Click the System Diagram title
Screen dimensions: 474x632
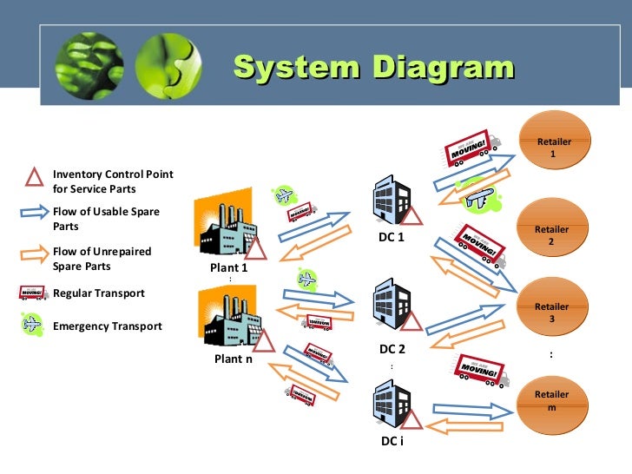click(x=373, y=68)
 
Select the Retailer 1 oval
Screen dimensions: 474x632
click(x=553, y=147)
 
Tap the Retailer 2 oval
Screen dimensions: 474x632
click(x=551, y=235)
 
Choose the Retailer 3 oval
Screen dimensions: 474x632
click(x=551, y=313)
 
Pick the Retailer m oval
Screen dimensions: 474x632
click(x=551, y=400)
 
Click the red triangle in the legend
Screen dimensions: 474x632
click(x=34, y=178)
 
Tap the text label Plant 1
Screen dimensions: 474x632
click(x=229, y=268)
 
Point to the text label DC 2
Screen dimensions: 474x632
click(x=392, y=349)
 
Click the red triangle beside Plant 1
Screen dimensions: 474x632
click(x=256, y=250)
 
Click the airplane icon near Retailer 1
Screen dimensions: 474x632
click(x=477, y=198)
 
